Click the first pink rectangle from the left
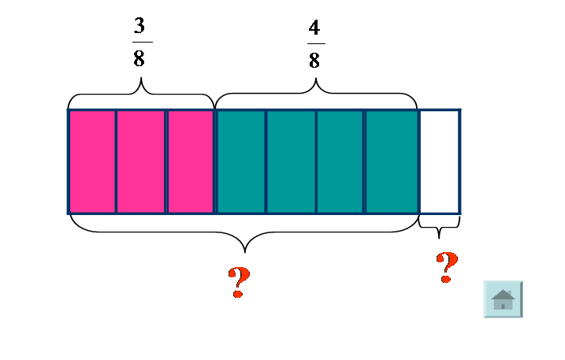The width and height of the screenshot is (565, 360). coord(92,161)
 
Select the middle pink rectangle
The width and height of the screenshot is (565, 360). coord(141,161)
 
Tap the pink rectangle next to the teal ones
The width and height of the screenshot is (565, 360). coord(190,161)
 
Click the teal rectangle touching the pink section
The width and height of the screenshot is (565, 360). coord(240,161)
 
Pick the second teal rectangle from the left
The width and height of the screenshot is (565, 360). coord(291,161)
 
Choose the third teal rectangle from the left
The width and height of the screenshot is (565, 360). coord(340,161)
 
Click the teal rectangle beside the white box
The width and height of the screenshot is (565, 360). coord(390,161)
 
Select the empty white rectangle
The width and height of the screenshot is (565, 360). coord(439,161)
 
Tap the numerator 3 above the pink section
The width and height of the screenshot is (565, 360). coord(139,26)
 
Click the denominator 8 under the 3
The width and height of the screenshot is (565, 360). coord(139,60)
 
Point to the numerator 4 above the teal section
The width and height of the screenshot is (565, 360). coord(314,28)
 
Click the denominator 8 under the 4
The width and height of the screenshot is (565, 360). coord(314,61)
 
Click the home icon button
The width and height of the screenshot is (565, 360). coord(503,299)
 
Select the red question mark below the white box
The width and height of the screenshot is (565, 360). coord(447,268)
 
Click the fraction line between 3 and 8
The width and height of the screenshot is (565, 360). coord(139,43)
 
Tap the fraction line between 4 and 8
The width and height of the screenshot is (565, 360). coord(314,44)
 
